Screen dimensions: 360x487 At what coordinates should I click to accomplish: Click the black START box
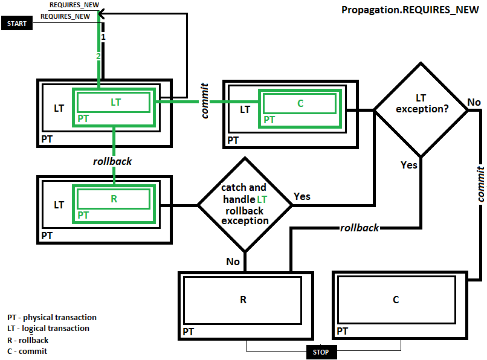(17, 24)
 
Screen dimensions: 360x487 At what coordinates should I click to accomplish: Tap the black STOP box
(321, 352)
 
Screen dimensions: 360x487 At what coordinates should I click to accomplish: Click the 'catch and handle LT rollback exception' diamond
(245, 205)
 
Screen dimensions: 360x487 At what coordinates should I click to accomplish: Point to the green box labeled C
(300, 103)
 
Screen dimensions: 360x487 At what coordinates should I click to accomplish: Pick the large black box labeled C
(396, 300)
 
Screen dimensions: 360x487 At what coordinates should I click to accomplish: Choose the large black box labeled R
(243, 300)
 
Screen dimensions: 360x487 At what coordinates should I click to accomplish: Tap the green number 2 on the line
(98, 56)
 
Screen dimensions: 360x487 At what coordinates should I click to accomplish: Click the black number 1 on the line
(103, 37)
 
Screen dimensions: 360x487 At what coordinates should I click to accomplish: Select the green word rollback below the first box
(112, 161)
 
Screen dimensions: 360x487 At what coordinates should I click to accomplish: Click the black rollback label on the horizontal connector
(360, 228)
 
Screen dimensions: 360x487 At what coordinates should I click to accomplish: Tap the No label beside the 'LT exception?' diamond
(474, 102)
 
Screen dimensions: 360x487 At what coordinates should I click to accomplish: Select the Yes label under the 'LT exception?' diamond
(409, 165)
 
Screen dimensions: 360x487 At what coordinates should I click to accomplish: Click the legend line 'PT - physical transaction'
(51, 317)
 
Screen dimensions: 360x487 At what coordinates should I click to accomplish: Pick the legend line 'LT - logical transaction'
(48, 329)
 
